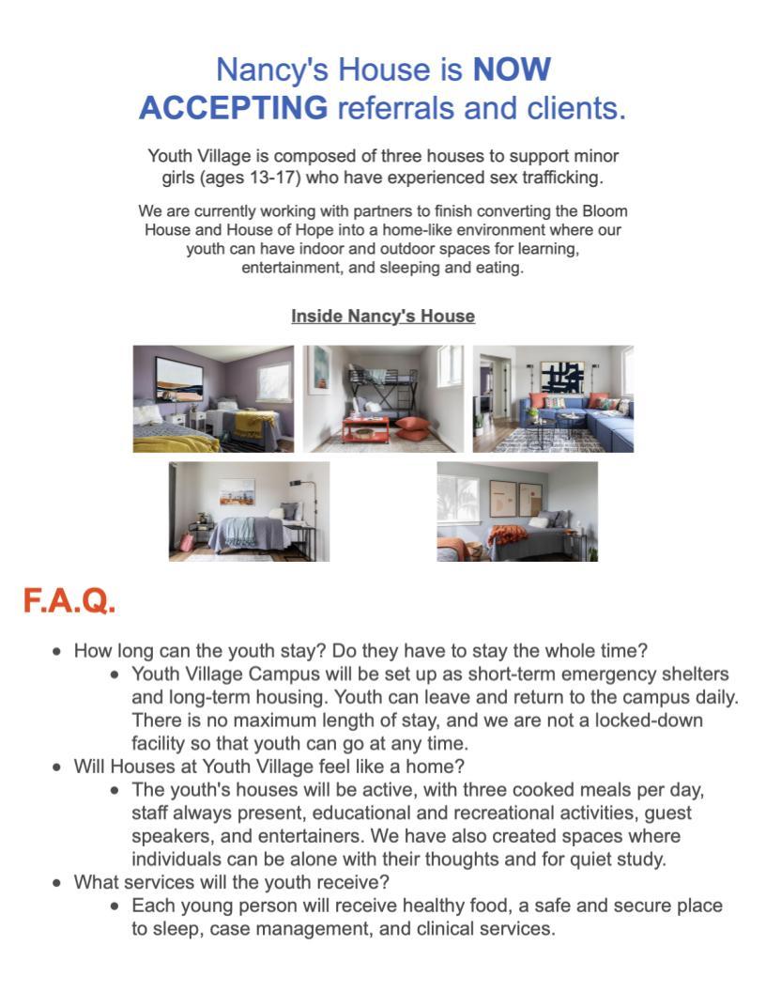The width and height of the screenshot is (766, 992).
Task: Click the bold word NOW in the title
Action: [x=511, y=70]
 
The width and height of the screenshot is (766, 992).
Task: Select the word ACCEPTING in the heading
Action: [x=233, y=109]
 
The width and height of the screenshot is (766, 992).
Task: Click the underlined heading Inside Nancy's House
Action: [x=383, y=317]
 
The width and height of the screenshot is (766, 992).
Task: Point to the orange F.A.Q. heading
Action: [x=69, y=601]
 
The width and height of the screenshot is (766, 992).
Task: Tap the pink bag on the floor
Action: [x=187, y=542]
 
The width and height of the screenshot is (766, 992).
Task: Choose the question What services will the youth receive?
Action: [x=231, y=882]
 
